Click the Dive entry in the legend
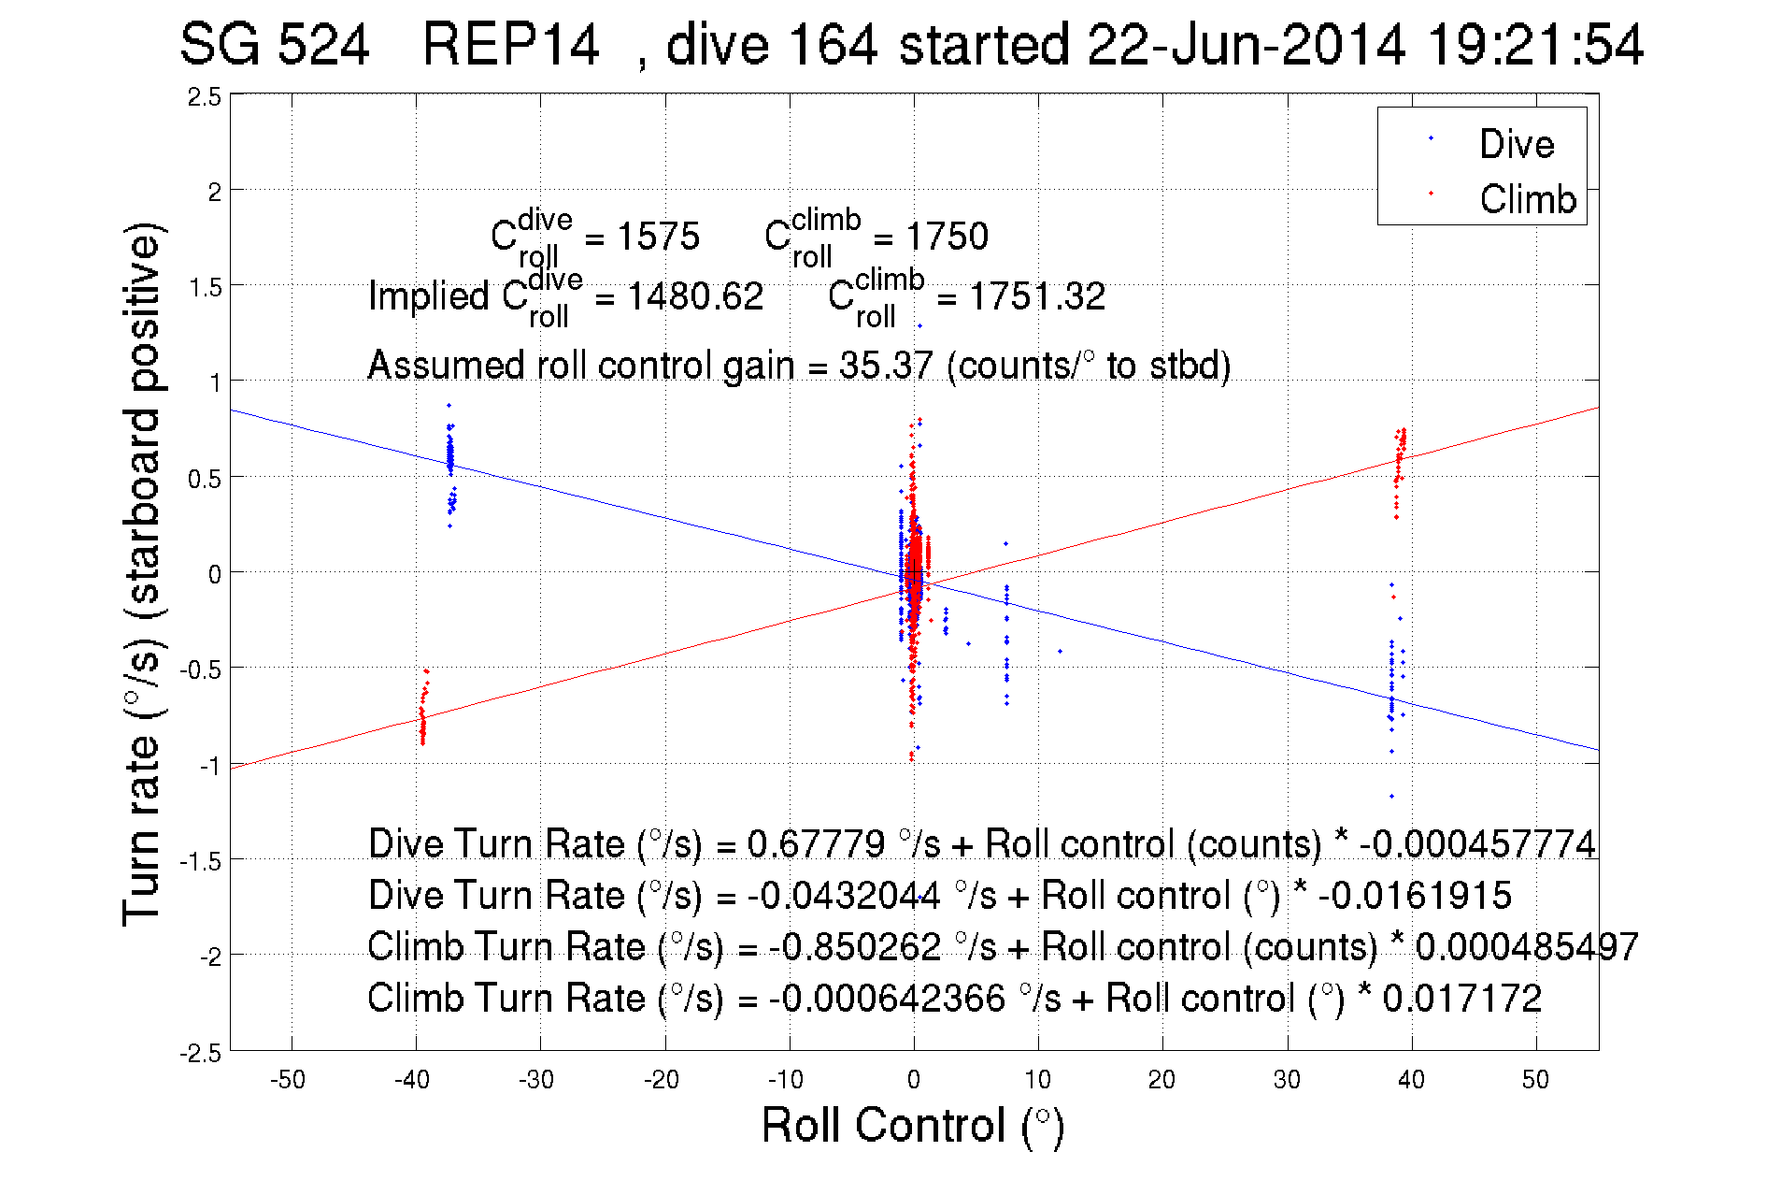click(x=1516, y=144)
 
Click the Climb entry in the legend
click(x=1527, y=199)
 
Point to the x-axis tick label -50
click(x=288, y=1080)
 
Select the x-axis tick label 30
click(x=1287, y=1080)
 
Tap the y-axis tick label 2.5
click(x=205, y=97)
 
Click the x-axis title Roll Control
click(x=912, y=1125)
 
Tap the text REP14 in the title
click(x=510, y=45)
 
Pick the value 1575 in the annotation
click(x=658, y=237)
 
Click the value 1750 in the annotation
click(x=947, y=237)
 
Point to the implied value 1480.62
click(x=695, y=296)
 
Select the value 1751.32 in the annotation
click(x=1037, y=296)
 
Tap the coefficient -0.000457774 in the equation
click(x=1477, y=843)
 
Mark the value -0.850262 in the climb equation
click(x=855, y=946)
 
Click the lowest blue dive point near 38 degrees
click(x=1391, y=797)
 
